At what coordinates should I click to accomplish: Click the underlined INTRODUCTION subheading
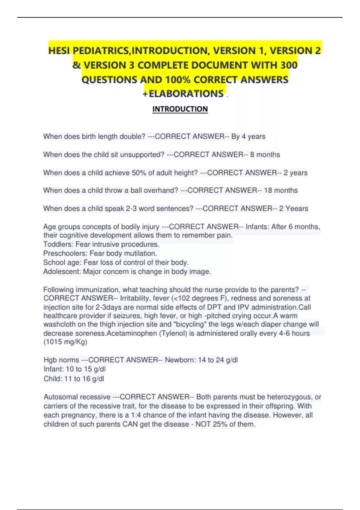[x=180, y=109]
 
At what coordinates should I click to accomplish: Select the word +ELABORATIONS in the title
[x=183, y=94]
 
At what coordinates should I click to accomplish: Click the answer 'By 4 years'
[x=248, y=136]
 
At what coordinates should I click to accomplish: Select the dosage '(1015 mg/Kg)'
[x=65, y=342]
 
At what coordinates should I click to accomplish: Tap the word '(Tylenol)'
[x=174, y=333]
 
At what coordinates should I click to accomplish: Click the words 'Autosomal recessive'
[x=77, y=397]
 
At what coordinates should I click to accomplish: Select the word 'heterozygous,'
[x=289, y=397]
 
